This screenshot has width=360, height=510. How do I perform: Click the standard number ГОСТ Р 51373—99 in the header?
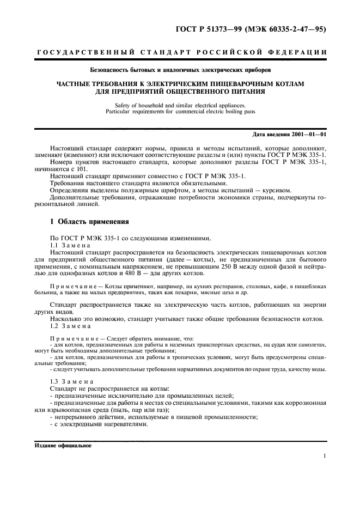coord(210,28)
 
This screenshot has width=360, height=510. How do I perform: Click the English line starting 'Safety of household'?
coord(180,105)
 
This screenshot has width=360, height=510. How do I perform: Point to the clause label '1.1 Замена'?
coord(70,245)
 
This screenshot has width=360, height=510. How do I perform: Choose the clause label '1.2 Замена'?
coord(70,325)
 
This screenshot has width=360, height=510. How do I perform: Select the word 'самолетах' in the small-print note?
coord(310,345)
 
